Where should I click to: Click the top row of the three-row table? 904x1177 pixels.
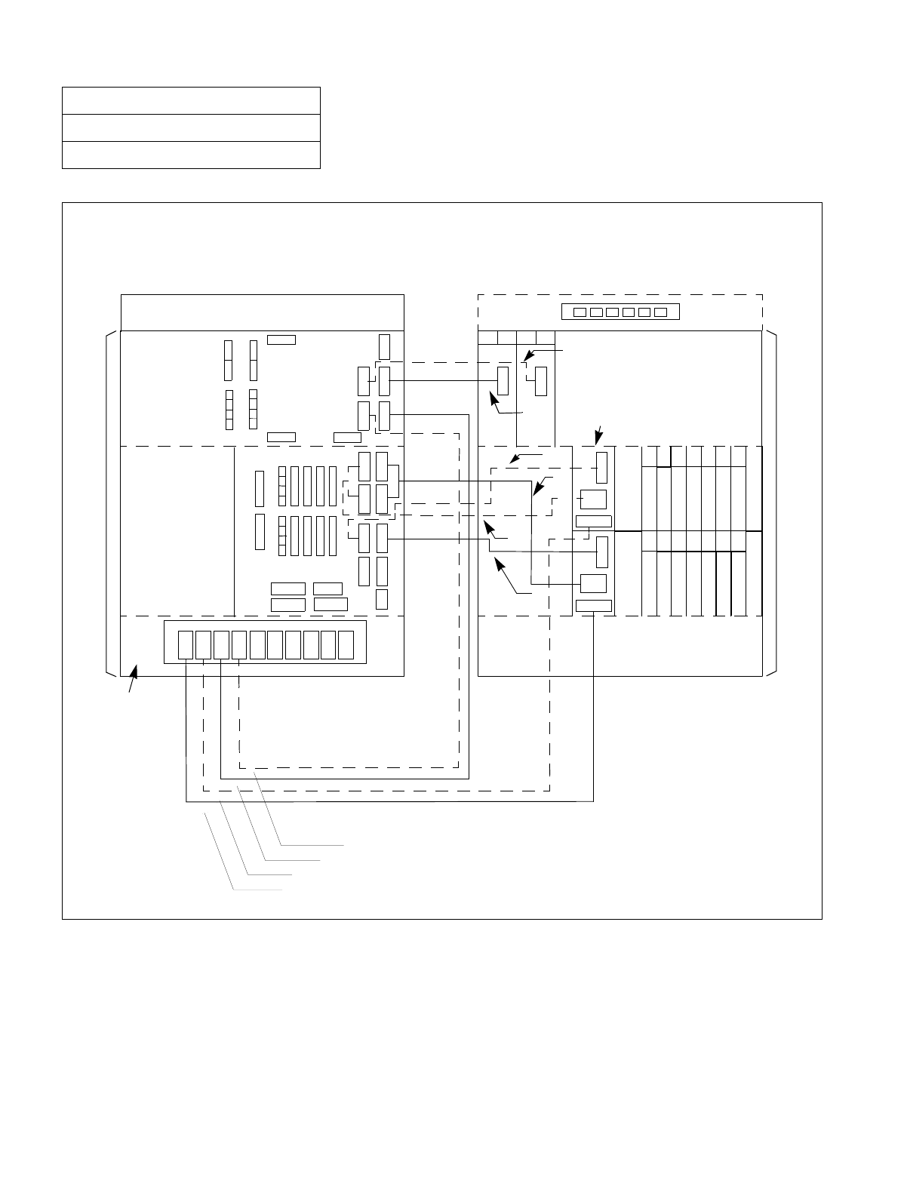tap(191, 100)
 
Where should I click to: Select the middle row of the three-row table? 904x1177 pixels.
tap(191, 128)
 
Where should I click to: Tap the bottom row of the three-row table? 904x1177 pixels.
tap(191, 154)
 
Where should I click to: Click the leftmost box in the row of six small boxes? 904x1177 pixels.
tap(580, 312)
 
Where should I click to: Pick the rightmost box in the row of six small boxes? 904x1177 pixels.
tap(662, 312)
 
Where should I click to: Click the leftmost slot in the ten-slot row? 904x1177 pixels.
tap(186, 644)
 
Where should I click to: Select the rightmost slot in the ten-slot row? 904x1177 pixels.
tap(346, 644)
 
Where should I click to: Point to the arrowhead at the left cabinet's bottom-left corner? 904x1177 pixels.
tap(135, 670)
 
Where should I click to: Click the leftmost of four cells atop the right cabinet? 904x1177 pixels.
tap(487, 337)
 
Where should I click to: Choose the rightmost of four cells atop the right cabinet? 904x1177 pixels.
tap(546, 337)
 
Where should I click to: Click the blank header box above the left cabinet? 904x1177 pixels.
tap(262, 312)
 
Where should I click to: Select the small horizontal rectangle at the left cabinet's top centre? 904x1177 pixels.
tap(281, 340)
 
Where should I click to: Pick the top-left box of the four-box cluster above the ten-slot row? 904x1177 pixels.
tap(288, 588)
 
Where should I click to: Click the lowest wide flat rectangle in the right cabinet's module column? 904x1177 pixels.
tap(594, 605)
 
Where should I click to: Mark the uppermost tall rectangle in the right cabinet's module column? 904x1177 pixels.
tap(601, 468)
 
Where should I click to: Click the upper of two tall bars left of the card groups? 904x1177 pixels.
tap(260, 489)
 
